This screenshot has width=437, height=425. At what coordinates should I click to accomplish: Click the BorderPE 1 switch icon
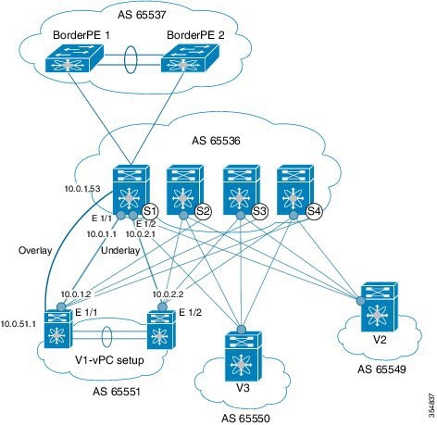coord(74,58)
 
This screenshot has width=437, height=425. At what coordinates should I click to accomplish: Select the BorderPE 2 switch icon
coord(190,58)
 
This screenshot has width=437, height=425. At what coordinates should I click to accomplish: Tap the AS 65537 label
coord(142,15)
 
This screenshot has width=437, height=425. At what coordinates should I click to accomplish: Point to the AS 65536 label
coord(216,141)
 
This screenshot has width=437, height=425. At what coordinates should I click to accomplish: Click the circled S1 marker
coord(150,211)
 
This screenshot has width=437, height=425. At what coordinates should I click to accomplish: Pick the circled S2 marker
coord(204,211)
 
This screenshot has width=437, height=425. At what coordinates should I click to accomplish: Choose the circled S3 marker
coord(259,211)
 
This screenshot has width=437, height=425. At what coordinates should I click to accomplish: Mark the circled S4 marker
coord(314,211)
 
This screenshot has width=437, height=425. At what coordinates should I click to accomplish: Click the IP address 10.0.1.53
coord(82,189)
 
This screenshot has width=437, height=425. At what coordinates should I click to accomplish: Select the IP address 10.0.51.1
coord(19,324)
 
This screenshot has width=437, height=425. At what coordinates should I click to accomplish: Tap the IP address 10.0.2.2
coord(169,294)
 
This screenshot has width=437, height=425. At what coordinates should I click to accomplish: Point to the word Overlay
coord(35,250)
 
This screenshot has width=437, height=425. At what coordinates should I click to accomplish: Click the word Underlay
coord(120,250)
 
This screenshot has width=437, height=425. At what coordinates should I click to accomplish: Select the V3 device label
coord(243,388)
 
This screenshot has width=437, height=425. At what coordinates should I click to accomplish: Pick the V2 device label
coord(380,340)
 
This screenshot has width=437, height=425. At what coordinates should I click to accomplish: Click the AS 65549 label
coord(381,369)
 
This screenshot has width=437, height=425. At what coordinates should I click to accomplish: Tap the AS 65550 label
coord(245,419)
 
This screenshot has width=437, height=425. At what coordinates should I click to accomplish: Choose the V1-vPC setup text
coord(109,360)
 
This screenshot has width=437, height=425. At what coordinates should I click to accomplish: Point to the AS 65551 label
coord(117,392)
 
